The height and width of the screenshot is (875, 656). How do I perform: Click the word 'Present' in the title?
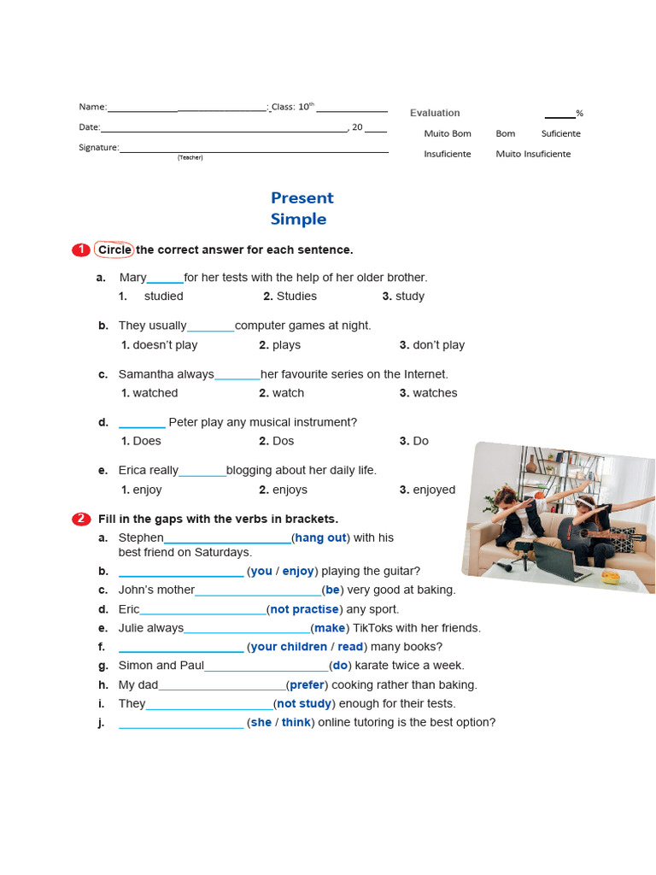[302, 198]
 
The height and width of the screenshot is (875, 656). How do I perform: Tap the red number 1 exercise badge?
[80, 250]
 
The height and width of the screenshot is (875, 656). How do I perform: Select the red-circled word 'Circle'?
[114, 250]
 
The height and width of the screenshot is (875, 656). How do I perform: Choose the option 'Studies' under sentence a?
[296, 297]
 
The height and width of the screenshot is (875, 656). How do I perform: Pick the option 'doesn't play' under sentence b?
[164, 345]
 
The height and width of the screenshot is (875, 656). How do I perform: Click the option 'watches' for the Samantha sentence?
[435, 393]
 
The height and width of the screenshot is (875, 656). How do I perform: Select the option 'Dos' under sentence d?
[283, 441]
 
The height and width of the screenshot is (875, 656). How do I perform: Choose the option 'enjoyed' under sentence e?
[434, 490]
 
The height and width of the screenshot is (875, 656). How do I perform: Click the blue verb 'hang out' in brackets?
[320, 537]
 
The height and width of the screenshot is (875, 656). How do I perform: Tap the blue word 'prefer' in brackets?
[307, 684]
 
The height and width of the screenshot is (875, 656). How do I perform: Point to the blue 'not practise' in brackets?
[305, 609]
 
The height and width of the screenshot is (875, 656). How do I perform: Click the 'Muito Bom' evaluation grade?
[448, 133]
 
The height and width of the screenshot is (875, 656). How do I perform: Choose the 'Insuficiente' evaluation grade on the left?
[448, 154]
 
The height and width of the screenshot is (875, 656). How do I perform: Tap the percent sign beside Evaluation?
[579, 114]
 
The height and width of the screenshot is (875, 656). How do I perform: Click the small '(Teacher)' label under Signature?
[190, 158]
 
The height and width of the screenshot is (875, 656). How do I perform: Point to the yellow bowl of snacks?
[610, 577]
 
